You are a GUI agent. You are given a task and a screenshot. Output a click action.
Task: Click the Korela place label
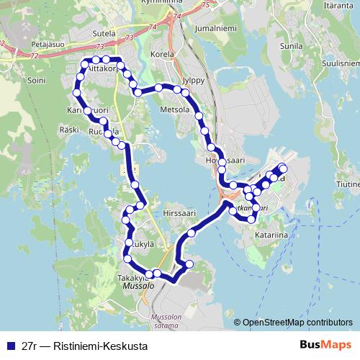tap(158, 54)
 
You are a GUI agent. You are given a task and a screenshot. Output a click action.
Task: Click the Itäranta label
tap(338, 6)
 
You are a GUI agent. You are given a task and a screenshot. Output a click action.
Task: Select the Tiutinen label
tap(347, 184)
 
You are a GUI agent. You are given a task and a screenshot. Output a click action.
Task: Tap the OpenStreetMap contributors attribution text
tap(297, 323)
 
